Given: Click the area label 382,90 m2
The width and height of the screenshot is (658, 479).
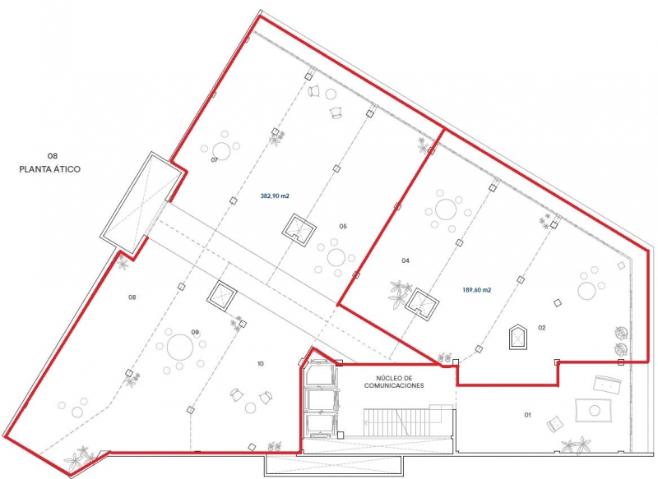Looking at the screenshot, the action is pos(275,196).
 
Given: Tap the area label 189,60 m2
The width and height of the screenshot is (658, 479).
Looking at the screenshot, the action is pos(477,289).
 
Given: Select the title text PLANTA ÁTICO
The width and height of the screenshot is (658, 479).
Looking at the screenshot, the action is pos(50,169).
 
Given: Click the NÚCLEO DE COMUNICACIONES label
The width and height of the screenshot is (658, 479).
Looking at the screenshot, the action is pos(394,382).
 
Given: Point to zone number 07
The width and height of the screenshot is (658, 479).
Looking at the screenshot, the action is pos(215,159).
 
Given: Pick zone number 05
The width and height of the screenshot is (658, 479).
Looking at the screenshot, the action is pos(343,226).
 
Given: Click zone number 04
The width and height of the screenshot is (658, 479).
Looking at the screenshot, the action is pos(405,260).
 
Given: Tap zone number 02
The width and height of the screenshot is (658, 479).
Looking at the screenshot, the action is pos(542,328).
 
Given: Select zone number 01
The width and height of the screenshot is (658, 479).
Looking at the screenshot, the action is pos(527,415).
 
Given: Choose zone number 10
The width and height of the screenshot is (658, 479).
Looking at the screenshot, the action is pos(261,364).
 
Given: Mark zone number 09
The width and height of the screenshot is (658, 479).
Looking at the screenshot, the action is pos(195,332).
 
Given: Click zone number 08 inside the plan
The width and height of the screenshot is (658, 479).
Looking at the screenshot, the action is pos(132,297).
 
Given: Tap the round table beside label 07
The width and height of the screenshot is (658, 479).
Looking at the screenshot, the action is pos(221,151).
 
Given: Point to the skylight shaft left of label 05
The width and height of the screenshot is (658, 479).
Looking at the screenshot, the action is pos(299,230).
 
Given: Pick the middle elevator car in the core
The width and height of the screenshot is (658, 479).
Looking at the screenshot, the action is pos(322,401).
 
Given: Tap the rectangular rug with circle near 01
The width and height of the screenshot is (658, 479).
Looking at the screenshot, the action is pos(593,410).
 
